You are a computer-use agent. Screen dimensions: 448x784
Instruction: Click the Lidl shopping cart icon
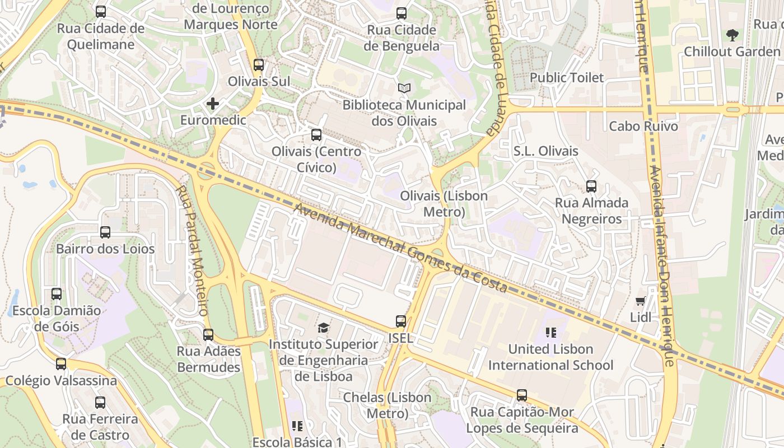click(641, 301)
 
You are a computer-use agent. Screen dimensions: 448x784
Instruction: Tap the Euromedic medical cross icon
click(213, 104)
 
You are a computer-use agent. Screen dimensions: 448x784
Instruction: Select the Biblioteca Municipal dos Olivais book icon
click(404, 88)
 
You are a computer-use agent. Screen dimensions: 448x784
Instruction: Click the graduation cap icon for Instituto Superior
click(323, 328)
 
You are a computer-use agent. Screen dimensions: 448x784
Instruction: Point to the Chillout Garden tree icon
click(732, 35)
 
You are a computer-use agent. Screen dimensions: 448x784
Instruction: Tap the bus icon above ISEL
click(401, 321)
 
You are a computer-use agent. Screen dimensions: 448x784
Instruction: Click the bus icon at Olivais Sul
click(258, 64)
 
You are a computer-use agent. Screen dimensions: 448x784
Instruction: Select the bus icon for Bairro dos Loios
click(105, 232)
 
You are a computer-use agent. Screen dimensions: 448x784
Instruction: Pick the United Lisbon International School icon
click(551, 333)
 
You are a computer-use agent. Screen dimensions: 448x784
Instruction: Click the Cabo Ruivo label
click(643, 127)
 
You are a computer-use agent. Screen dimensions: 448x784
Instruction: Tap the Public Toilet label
click(567, 78)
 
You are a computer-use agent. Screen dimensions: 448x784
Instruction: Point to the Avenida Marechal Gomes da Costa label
click(401, 248)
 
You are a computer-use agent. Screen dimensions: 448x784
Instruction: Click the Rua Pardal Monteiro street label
click(193, 250)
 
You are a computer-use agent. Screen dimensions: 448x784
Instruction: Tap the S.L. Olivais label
click(545, 151)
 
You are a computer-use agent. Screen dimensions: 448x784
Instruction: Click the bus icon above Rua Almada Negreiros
click(591, 186)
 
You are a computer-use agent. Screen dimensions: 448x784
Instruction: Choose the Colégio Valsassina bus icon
click(61, 364)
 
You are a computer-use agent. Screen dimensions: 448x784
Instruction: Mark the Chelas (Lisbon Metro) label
click(388, 405)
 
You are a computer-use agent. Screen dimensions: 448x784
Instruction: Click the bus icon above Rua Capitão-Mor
click(522, 395)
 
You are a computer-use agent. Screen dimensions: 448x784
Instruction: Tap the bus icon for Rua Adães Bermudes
click(208, 334)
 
